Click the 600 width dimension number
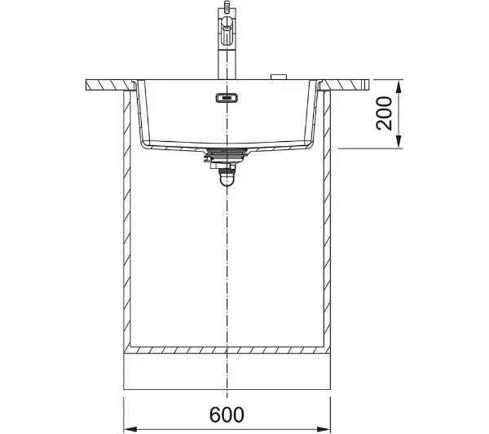[227, 414]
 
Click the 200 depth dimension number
[384, 113]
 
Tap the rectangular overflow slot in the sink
[227, 98]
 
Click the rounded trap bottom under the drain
[227, 180]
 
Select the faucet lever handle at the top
[227, 31]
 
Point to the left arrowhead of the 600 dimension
[130, 429]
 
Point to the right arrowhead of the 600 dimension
[324, 429]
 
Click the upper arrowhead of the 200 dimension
[399, 86]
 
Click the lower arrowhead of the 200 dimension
[399, 142]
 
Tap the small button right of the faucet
[279, 77]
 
